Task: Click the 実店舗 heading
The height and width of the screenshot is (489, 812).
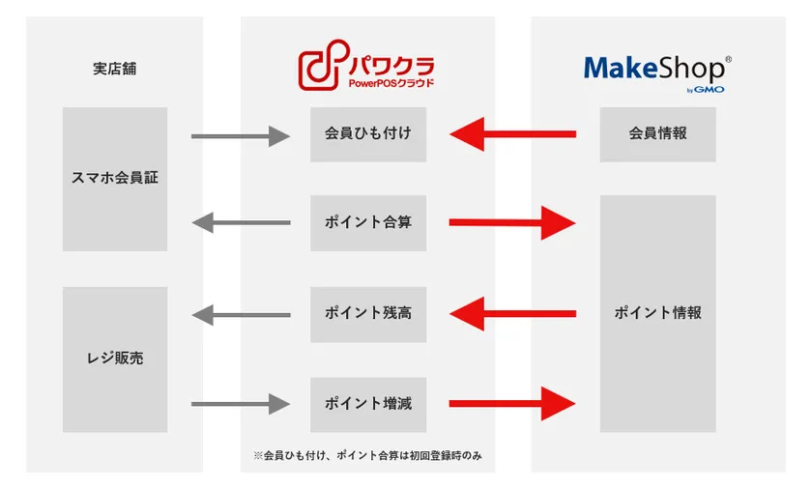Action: (114, 69)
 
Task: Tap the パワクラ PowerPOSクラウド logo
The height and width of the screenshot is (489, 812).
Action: (366, 65)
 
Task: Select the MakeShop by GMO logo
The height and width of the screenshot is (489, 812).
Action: (657, 73)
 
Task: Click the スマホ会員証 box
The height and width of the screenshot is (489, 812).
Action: (115, 179)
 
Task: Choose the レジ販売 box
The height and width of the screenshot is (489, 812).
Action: (115, 360)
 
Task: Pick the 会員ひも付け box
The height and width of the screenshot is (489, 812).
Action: (368, 134)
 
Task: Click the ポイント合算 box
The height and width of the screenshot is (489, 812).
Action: (368, 223)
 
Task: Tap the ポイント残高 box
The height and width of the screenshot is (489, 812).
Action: (368, 314)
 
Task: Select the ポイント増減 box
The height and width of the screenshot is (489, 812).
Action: (368, 405)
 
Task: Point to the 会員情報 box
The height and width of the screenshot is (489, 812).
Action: (657, 134)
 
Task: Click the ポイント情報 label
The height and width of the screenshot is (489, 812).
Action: (657, 313)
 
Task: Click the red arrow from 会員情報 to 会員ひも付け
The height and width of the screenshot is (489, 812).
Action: (512, 134)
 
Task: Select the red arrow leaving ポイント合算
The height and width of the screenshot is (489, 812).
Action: (512, 223)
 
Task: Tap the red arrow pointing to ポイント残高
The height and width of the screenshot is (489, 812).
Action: (512, 313)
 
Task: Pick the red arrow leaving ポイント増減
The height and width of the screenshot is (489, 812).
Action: (512, 404)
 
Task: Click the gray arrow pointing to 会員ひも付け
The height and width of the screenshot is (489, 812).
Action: (241, 136)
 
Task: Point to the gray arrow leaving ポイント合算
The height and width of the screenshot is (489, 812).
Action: (241, 223)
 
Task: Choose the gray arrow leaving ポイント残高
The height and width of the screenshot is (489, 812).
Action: (241, 315)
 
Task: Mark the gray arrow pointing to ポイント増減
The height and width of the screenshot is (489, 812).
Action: (241, 404)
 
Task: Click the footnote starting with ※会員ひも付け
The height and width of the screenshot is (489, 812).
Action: (367, 456)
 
